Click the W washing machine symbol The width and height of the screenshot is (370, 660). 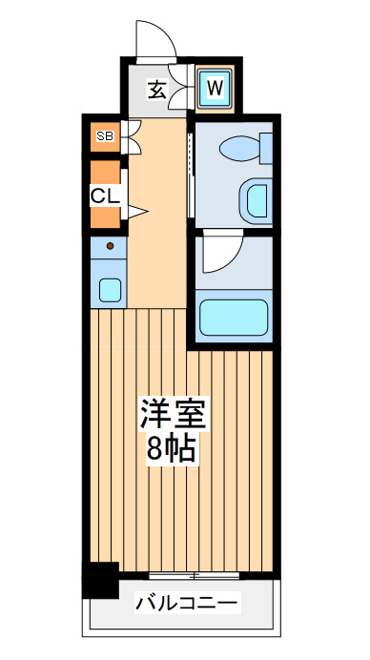216,88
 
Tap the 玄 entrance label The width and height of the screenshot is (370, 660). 157,90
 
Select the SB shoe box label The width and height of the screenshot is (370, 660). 105,135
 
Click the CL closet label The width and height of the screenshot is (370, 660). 106,196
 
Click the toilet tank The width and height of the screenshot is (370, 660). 266,148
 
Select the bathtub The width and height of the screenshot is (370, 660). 234,318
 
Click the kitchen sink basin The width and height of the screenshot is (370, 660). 111,291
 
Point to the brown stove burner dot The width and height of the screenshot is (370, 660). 111,246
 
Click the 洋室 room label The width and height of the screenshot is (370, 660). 173,412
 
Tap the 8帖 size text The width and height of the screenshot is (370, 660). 172,448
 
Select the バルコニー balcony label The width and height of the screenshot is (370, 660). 186,603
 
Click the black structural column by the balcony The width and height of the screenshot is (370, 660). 100,581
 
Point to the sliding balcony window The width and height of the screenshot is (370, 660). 194,575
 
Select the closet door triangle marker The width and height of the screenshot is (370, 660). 137,212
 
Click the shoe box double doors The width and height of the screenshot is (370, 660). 132,137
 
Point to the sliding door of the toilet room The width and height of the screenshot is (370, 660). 191,175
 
